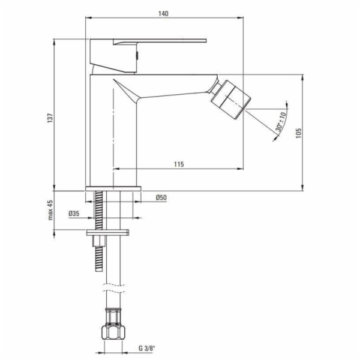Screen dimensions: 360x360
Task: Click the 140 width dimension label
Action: (x=163, y=14)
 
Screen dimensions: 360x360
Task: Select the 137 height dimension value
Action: (x=50, y=118)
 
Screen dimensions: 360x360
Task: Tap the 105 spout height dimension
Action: (x=298, y=133)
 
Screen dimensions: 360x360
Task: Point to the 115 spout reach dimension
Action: (x=179, y=164)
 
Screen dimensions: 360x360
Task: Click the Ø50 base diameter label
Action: (x=161, y=197)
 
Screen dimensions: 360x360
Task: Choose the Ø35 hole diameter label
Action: (x=74, y=214)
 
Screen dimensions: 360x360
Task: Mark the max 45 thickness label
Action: (x=50, y=210)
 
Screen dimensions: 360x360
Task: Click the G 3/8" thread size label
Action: (x=147, y=349)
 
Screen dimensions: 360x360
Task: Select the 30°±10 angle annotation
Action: (x=281, y=122)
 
